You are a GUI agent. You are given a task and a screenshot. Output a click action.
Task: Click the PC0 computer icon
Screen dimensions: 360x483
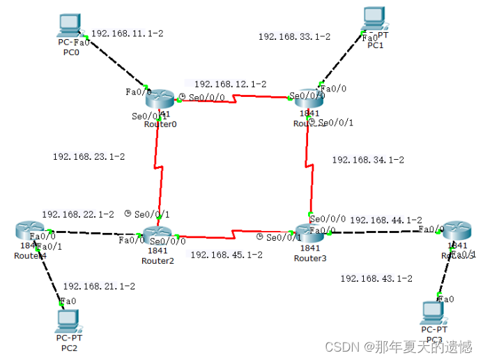tap(70, 25)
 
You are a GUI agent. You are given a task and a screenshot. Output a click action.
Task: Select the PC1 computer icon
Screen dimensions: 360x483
tap(374, 20)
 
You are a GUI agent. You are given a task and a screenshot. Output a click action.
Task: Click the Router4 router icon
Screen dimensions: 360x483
tap(29, 232)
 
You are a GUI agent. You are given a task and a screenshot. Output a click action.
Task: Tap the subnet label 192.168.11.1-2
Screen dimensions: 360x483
tap(128, 33)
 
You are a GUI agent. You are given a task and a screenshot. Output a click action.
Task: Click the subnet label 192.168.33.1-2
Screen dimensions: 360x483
tap(294, 37)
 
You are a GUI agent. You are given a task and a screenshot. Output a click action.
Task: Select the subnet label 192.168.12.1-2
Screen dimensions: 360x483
tap(230, 84)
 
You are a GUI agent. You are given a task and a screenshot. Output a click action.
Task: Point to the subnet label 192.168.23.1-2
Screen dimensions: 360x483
tap(89, 157)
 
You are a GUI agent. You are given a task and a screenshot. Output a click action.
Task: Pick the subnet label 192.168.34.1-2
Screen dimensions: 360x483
tap(367, 160)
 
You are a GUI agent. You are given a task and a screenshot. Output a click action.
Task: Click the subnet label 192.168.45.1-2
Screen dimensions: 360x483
tap(226, 255)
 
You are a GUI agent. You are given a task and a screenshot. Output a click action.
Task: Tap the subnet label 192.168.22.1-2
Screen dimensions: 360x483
tap(77, 215)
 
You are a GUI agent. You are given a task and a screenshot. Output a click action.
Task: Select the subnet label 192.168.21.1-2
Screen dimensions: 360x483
tap(99, 286)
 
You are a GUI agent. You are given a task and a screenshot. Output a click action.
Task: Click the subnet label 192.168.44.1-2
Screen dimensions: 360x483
tap(385, 220)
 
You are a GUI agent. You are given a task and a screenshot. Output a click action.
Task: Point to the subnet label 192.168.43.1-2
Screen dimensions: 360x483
tap(376, 278)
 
